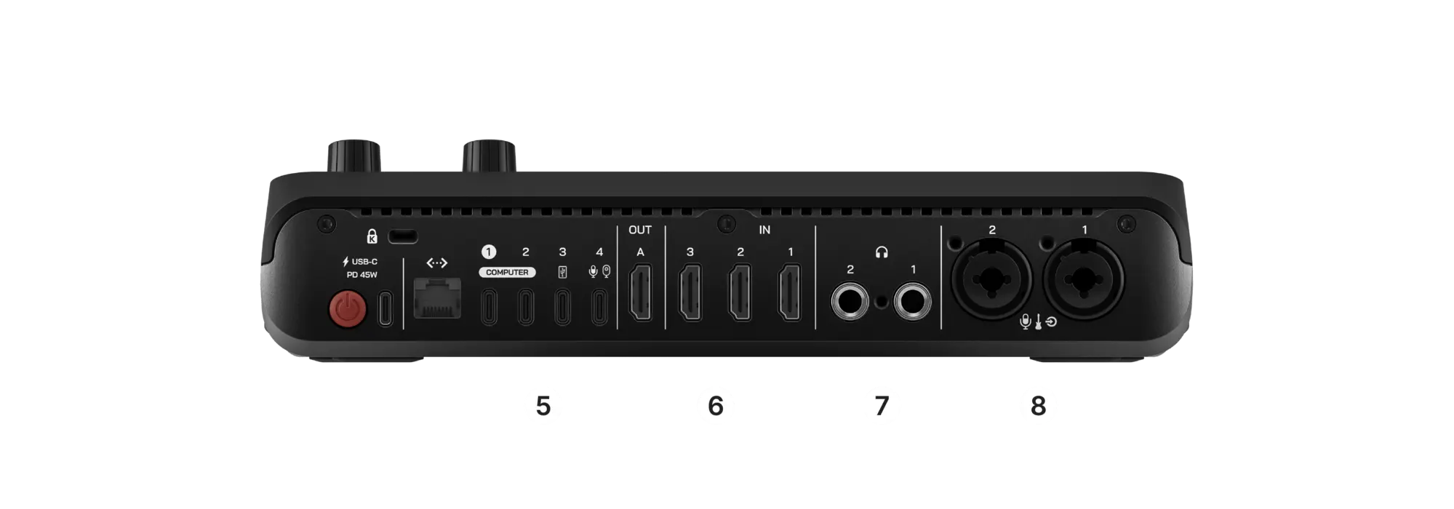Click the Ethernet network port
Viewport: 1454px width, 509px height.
click(437, 297)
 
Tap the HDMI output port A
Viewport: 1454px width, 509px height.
click(640, 292)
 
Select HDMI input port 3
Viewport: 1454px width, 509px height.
click(690, 292)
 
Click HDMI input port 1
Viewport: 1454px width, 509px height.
click(790, 292)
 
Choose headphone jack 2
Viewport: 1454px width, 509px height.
click(850, 302)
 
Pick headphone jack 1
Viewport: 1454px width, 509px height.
click(912, 302)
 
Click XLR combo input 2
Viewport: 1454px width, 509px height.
click(991, 278)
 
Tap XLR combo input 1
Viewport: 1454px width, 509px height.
click(1084, 278)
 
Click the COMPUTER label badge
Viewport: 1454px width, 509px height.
click(507, 272)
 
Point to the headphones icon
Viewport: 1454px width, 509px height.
click(882, 252)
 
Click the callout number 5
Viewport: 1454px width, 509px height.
click(543, 406)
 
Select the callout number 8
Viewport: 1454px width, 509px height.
click(1038, 406)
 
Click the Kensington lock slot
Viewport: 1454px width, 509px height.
click(403, 237)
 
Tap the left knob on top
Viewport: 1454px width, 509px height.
click(354, 156)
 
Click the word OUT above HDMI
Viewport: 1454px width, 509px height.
click(640, 230)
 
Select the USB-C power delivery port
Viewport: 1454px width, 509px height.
click(386, 308)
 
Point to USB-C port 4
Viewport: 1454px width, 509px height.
click(599, 307)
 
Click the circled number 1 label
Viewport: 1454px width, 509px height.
click(488, 252)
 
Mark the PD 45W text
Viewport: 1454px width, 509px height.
click(361, 275)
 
